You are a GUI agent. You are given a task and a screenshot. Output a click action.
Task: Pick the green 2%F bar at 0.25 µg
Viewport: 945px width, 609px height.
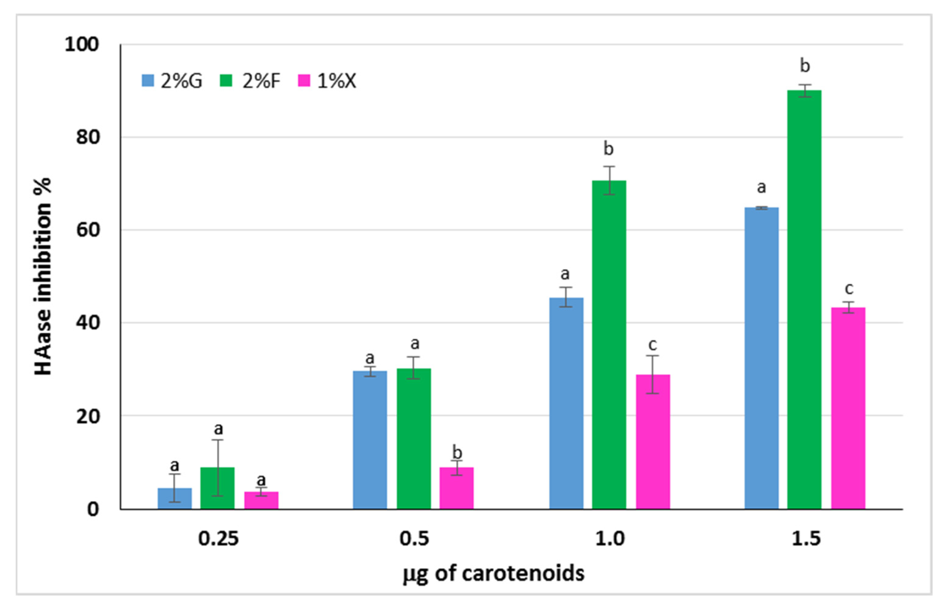(x=217, y=488)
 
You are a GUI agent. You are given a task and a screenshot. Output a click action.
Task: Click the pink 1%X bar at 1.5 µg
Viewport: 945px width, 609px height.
(x=848, y=408)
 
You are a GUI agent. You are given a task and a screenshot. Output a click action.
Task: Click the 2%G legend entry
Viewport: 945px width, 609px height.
(x=172, y=81)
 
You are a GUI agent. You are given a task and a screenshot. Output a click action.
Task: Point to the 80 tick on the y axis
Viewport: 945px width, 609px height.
(x=88, y=137)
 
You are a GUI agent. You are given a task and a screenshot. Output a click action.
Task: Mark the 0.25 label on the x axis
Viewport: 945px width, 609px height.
(x=218, y=539)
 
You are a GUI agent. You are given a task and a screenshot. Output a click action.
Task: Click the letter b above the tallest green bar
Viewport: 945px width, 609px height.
(x=805, y=66)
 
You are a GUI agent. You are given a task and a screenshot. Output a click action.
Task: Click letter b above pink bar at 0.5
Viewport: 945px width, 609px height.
(x=457, y=452)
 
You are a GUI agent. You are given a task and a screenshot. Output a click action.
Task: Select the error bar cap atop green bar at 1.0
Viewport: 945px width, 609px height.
(x=609, y=167)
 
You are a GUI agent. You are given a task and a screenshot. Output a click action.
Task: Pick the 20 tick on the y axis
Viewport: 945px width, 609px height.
(x=88, y=416)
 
